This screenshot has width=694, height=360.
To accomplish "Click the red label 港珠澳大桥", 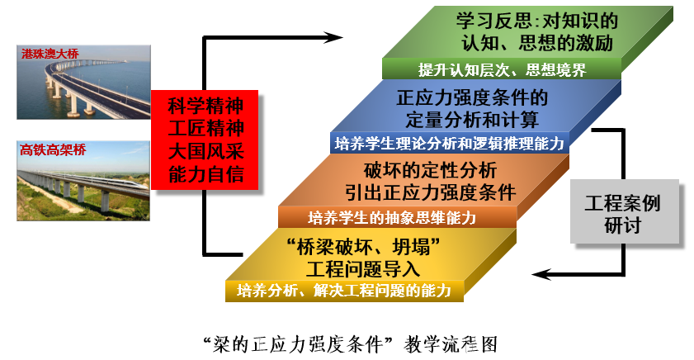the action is click(50, 54).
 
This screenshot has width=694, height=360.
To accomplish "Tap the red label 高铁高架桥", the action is click(53, 149).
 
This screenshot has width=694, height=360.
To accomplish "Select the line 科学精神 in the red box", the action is click(205, 106).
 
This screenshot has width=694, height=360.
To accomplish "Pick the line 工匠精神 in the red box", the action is click(205, 129).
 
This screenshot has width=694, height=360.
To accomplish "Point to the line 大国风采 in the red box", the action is click(205, 151).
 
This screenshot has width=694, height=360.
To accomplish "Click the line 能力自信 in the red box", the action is click(205, 174).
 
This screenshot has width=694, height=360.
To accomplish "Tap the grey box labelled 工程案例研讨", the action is click(624, 211).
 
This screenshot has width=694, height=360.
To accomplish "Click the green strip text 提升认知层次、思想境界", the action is click(502, 70).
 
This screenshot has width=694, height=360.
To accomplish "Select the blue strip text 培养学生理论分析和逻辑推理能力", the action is click(450, 144).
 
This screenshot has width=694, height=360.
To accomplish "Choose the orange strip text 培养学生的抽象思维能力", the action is click(392, 217).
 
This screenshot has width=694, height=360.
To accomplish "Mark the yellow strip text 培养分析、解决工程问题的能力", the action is click(344, 291).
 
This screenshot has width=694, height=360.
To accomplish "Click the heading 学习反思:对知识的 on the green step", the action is click(537, 21).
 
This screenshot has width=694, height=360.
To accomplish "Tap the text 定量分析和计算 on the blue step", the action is click(472, 120).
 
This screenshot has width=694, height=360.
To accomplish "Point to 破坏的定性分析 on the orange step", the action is click(430, 170).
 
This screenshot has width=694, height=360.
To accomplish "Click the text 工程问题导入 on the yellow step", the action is click(363, 269).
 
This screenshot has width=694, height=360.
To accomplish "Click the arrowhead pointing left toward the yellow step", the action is click(541, 274).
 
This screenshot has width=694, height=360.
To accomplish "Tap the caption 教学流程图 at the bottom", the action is click(451, 344).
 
